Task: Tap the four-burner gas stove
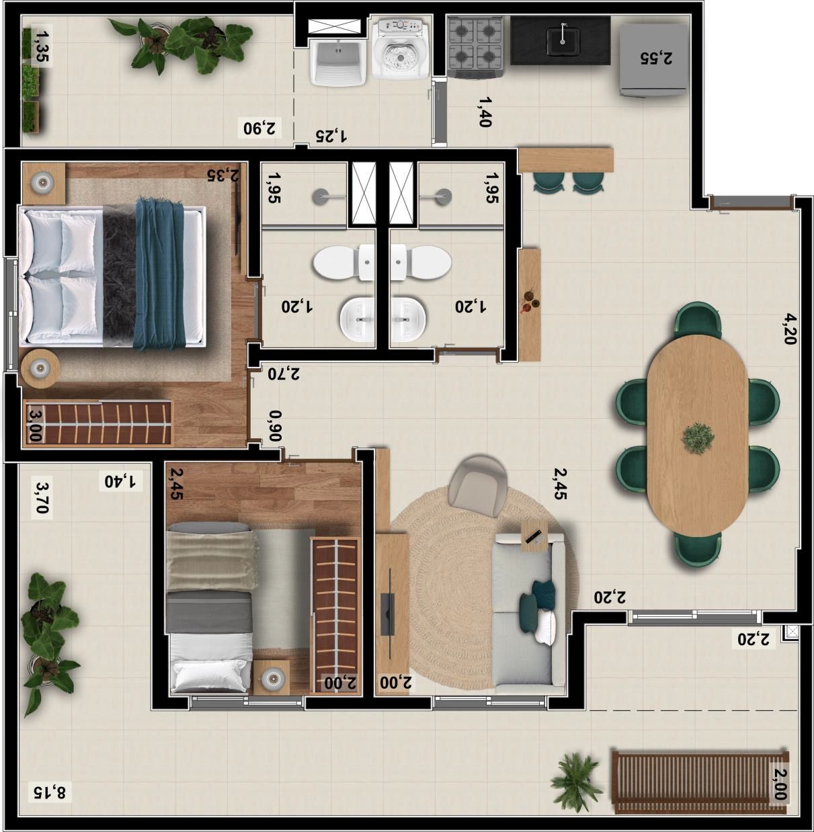476,47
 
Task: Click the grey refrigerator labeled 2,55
653,60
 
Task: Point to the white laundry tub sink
338,63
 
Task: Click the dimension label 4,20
790,329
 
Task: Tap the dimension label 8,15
50,792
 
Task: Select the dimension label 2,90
260,128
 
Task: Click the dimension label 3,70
42,498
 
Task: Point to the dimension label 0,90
276,426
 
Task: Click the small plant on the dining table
698,438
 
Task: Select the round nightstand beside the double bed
40,368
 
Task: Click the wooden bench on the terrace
700,782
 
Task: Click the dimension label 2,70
284,374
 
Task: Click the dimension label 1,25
331,136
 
